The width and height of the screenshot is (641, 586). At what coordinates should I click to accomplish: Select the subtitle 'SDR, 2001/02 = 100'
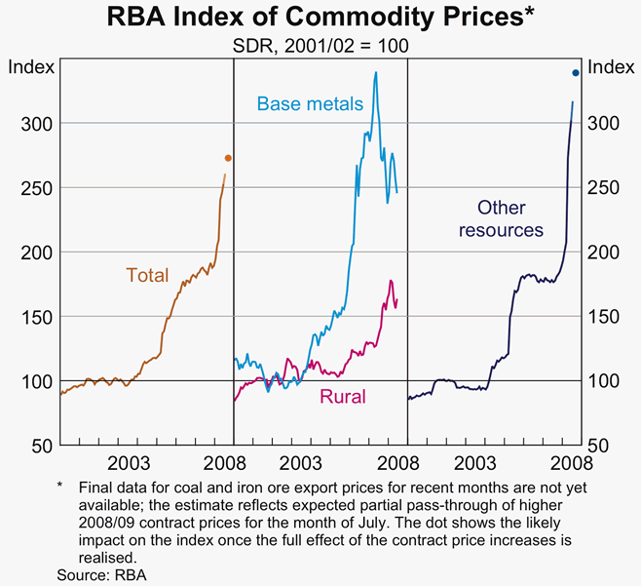[320, 46]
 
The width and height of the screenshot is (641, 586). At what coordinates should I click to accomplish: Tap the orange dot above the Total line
[228, 158]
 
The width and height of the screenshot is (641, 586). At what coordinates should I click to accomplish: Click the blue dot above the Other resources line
[576, 72]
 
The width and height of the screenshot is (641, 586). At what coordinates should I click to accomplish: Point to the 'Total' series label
[147, 276]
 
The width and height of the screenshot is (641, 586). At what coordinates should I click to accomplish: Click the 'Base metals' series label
[310, 103]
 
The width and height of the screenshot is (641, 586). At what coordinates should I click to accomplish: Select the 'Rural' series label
[343, 396]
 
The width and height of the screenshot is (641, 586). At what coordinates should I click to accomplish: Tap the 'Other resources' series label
[502, 218]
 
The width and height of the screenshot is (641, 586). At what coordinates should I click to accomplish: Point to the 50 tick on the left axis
[35, 446]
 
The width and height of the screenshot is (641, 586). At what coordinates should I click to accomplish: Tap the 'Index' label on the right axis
[611, 67]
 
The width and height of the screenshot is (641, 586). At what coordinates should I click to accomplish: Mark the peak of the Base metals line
[376, 72]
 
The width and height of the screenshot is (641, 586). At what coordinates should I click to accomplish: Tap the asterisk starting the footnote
[59, 484]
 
